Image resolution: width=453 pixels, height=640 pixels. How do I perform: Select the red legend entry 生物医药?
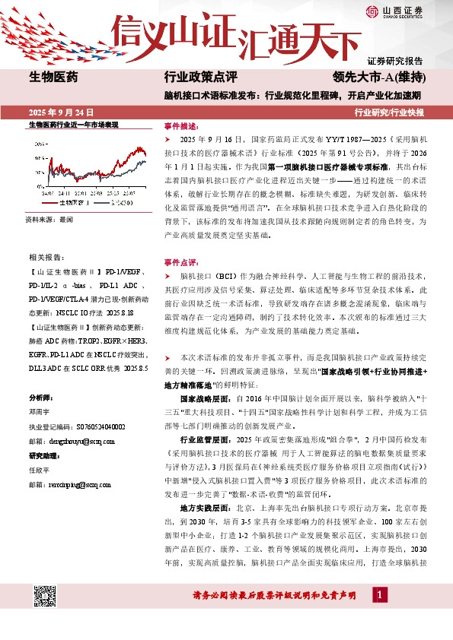pos(68,203)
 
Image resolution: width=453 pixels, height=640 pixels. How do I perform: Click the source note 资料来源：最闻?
pos(49,219)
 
